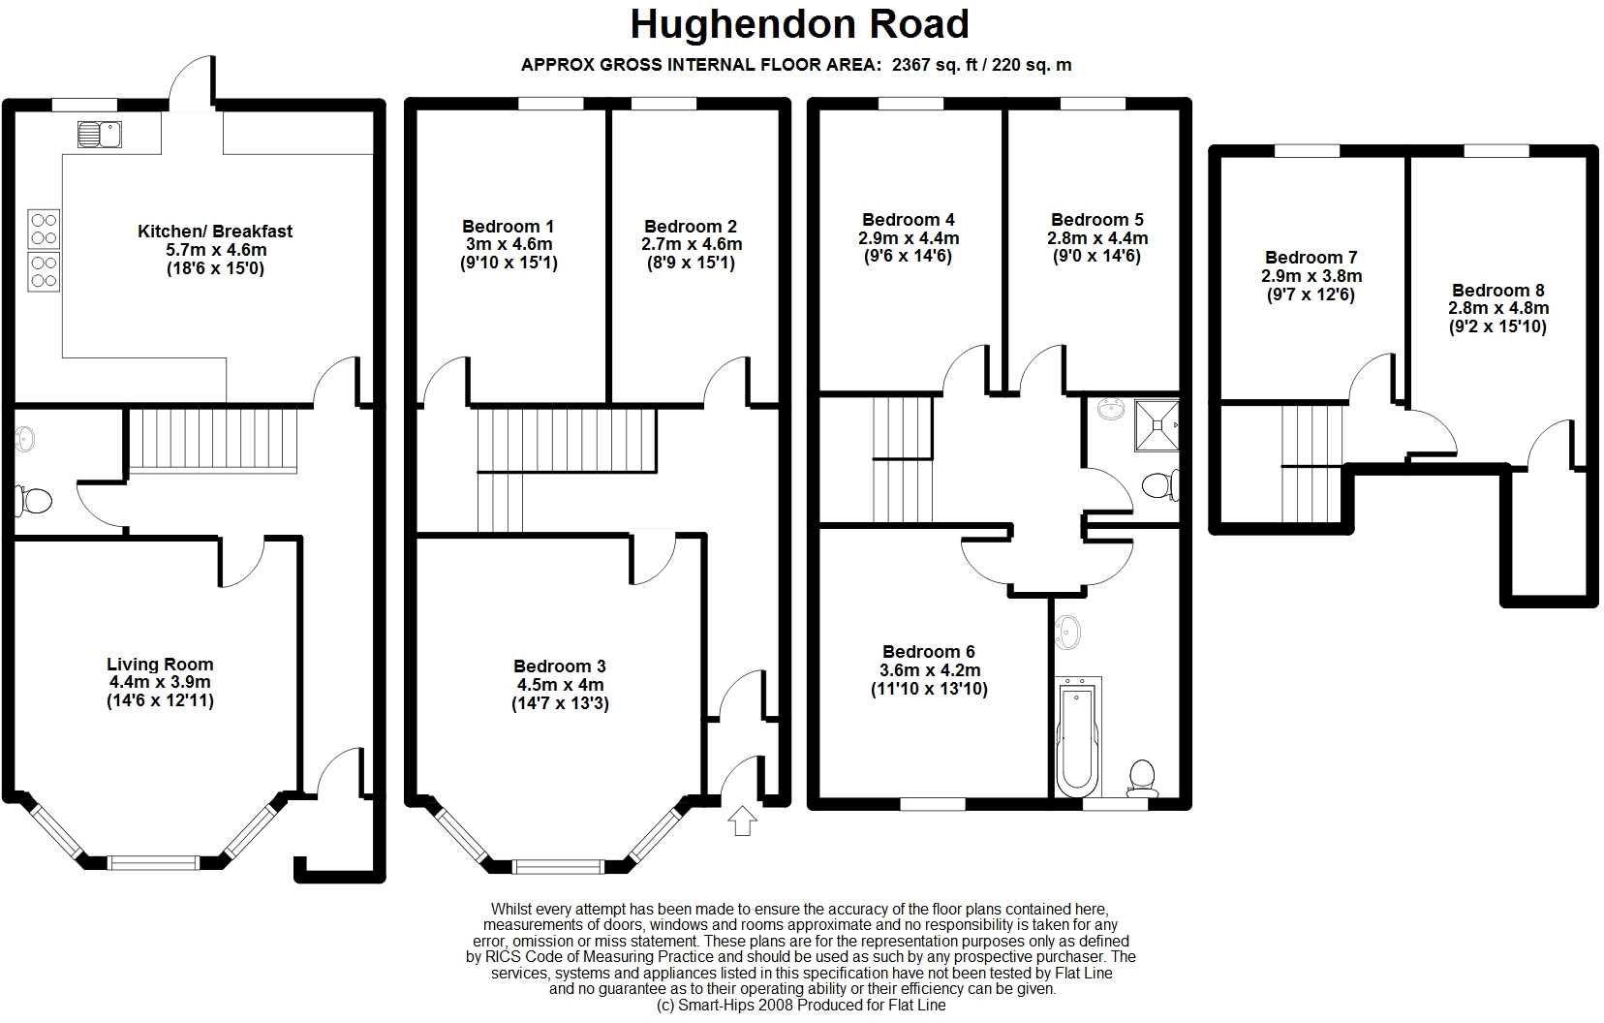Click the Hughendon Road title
[799, 24]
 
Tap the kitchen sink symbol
[100, 134]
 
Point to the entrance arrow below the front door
[743, 821]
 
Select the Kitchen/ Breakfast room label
[215, 232]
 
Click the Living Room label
[160, 665]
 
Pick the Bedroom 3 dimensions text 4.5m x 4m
[561, 685]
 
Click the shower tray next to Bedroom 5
[1157, 425]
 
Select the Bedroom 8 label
[1498, 290]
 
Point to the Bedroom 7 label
[1311, 257]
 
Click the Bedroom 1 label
[508, 227]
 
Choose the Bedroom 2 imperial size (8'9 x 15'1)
[691, 263]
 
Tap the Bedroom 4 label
[908, 219]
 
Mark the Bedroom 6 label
[929, 651]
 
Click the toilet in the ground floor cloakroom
[34, 500]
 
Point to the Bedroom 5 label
[1097, 219]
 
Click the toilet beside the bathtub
[1142, 779]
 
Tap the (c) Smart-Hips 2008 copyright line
[801, 1006]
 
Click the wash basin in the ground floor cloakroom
[24, 439]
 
